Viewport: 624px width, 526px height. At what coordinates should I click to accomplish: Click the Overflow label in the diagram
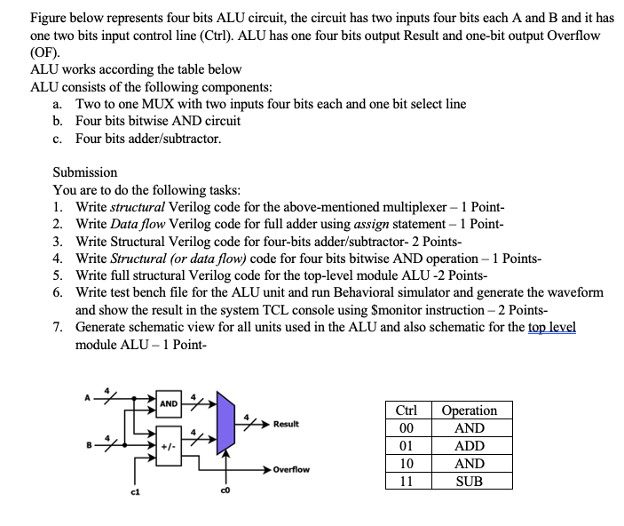point(291,469)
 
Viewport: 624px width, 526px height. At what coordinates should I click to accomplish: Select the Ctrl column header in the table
point(407,410)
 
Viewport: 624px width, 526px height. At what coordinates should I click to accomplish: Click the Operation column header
point(469,410)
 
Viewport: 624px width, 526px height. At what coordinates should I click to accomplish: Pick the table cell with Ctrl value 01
point(407,446)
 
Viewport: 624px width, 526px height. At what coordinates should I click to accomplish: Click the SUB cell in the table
point(469,482)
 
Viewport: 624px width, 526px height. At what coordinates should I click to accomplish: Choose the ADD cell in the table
point(469,446)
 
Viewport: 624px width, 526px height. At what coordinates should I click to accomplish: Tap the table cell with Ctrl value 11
point(407,482)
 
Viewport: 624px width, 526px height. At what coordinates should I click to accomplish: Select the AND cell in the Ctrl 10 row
point(469,464)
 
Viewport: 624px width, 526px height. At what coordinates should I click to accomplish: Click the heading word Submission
point(85,171)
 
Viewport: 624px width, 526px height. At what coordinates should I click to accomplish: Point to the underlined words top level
point(551,327)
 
